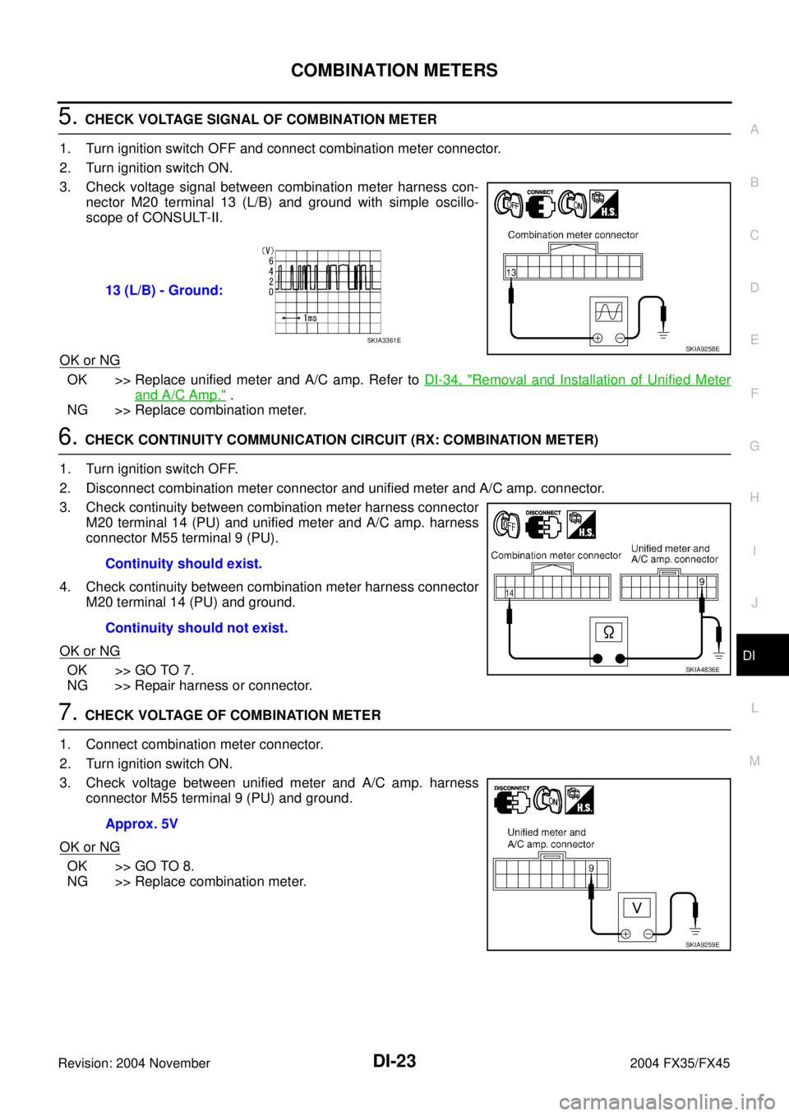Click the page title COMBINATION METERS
click(394, 70)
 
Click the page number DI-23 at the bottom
click(394, 1061)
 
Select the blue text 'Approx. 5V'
click(141, 823)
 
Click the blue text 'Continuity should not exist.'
click(196, 628)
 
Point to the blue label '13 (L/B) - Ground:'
click(164, 290)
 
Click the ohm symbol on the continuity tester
click(609, 632)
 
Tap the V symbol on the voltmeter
click(637, 908)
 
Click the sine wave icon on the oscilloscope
click(609, 312)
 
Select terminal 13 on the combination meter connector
click(511, 273)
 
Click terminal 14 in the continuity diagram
click(510, 593)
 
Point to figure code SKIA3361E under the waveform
click(384, 341)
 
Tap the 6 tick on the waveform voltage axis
click(271, 261)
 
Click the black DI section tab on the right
click(762, 655)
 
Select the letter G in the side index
click(754, 445)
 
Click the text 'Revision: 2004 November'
click(134, 1063)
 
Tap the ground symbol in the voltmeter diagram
click(695, 930)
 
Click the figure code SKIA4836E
click(703, 670)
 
